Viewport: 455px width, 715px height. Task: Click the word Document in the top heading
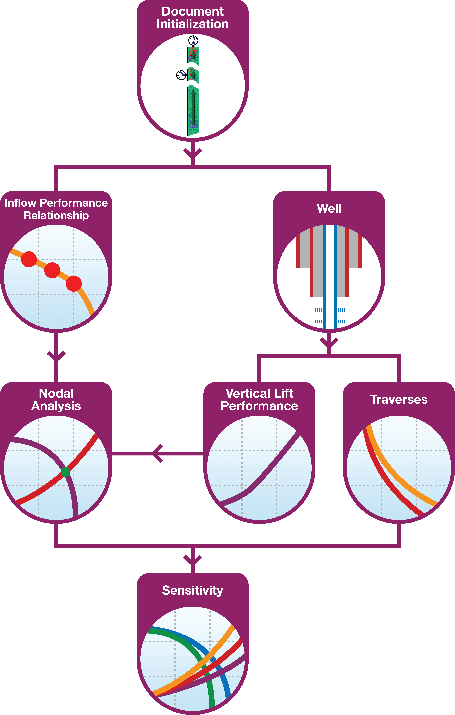[x=192, y=11]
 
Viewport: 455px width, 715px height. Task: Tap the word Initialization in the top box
[x=192, y=24]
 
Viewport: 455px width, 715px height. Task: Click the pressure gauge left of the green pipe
[x=181, y=75]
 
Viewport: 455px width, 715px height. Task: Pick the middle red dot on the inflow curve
[x=52, y=270]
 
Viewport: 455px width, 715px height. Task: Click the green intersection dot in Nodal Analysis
[x=65, y=471]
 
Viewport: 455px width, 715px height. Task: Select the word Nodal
[x=56, y=393]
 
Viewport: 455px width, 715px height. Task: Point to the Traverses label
[x=399, y=399]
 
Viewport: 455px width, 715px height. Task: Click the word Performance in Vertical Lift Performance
[x=259, y=406]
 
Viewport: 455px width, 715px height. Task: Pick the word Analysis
[x=56, y=406]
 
